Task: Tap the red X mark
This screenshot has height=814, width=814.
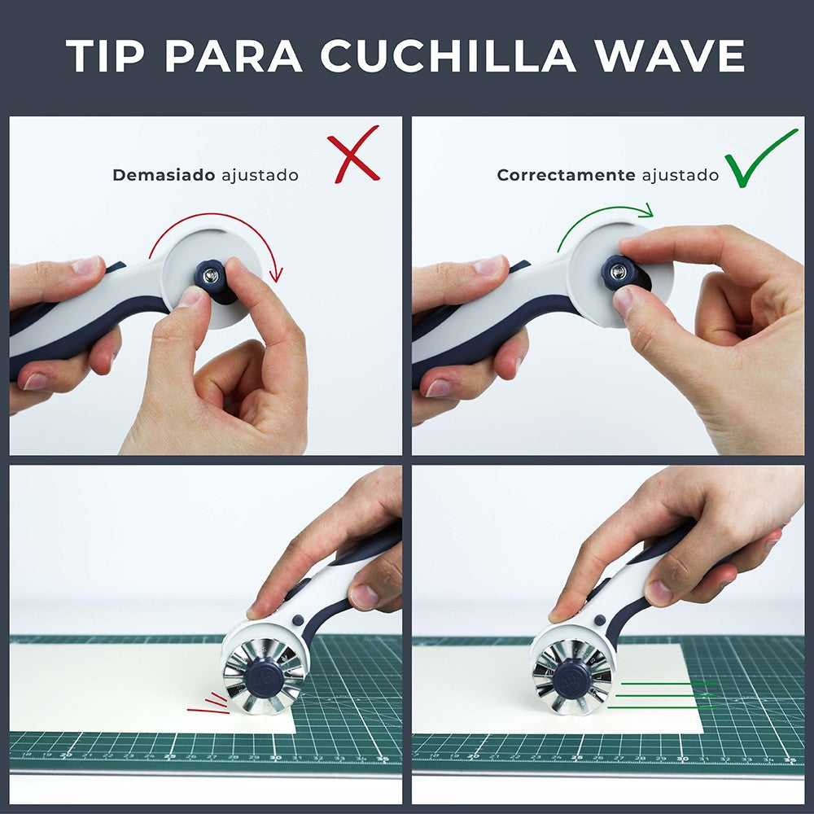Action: pos(354,154)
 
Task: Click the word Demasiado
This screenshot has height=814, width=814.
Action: pos(164,175)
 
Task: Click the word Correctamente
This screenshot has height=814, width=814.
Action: pos(566,175)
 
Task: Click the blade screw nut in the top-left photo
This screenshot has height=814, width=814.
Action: pos(211,274)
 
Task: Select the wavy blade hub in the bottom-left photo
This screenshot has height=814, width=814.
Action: pos(264,676)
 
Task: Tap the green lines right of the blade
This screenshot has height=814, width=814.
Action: pos(663,695)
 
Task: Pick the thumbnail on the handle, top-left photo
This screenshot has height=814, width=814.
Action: pos(85,266)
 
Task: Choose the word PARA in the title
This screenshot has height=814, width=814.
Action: pos(237,56)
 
